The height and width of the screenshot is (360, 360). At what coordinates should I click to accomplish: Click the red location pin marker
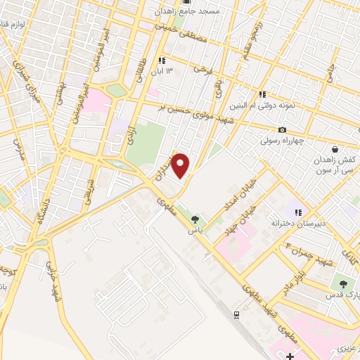coord(181,165)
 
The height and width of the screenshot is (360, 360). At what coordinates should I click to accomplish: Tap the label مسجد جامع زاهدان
coord(190,12)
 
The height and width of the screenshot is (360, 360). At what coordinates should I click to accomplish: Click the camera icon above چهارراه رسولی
coord(283,130)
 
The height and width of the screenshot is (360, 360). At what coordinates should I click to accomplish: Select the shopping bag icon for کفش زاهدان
coord(334,150)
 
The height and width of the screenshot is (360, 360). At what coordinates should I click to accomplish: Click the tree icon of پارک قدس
coord(342,285)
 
